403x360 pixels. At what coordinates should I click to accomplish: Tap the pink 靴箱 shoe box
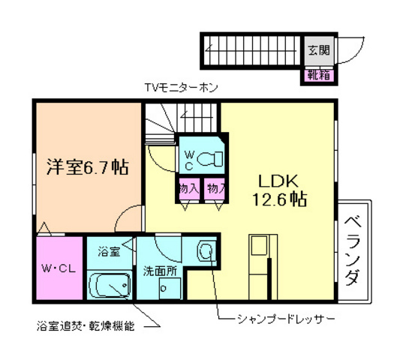pyautogui.click(x=318, y=74)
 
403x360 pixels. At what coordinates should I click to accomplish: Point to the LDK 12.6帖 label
pyautogui.click(x=280, y=190)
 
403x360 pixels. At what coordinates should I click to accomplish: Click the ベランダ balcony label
pyautogui.click(x=353, y=251)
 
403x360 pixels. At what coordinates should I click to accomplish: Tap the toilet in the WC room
pyautogui.click(x=214, y=159)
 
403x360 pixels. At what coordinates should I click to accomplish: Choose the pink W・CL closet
pyautogui.click(x=57, y=268)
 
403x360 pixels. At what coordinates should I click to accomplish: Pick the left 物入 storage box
pyautogui.click(x=188, y=189)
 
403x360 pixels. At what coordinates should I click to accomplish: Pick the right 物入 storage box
pyautogui.click(x=216, y=189)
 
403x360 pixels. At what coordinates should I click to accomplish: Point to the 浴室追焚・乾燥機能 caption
pyautogui.click(x=86, y=326)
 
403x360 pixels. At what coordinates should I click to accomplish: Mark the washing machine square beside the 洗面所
pyautogui.click(x=204, y=252)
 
